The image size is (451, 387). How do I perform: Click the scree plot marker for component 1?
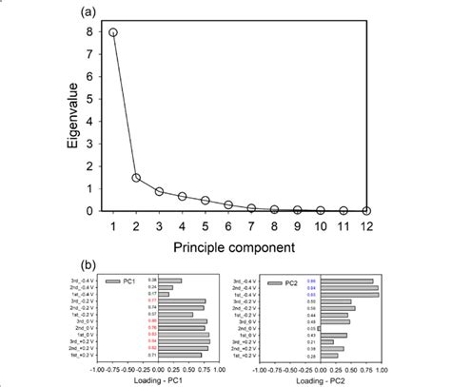coord(113,32)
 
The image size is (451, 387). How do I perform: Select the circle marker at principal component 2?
coord(137,178)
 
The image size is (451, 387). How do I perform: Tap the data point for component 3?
coord(161,191)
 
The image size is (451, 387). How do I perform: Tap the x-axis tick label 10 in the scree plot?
coord(324,224)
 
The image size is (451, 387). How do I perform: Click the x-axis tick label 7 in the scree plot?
coord(253,224)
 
